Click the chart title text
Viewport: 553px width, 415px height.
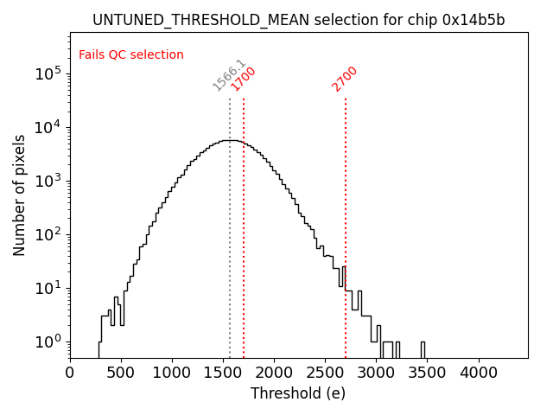298,20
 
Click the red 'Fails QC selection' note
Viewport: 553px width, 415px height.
131,54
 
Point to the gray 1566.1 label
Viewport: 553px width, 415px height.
229,75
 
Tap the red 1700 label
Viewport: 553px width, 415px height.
244,79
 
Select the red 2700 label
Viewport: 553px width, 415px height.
345,79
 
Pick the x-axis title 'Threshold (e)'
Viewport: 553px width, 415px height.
298,393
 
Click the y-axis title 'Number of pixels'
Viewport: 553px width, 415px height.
20,195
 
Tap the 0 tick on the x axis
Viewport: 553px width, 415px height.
70,373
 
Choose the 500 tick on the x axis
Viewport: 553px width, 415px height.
121,373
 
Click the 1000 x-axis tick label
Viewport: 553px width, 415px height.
172,373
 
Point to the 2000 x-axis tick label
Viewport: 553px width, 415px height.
274,373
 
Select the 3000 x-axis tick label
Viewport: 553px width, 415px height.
376,373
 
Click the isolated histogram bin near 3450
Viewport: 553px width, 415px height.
423,349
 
